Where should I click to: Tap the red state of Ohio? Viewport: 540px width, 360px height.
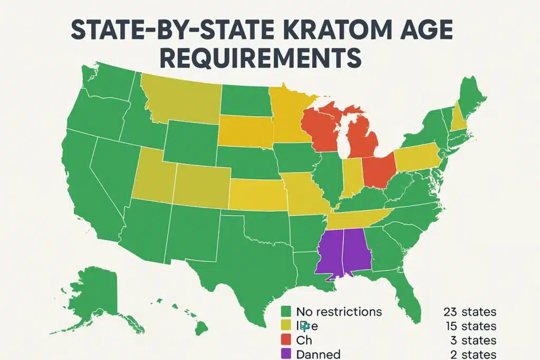pyautogui.click(x=378, y=171)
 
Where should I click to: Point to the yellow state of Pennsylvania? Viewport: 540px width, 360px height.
pyautogui.click(x=417, y=157)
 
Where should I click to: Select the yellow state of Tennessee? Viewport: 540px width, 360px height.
pyautogui.click(x=359, y=219)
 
